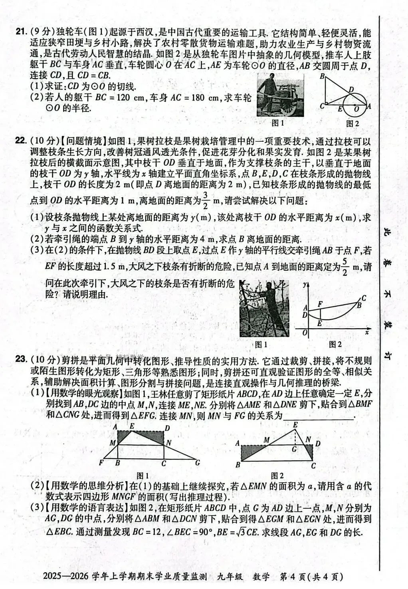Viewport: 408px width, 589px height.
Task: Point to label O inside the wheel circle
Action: point(357,108)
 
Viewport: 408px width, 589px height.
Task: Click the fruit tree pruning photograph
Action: point(263,308)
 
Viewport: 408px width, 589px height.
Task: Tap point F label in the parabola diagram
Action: point(320,303)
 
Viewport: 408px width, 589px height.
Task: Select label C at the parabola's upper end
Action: point(364,298)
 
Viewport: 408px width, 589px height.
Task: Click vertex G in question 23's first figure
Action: point(198,463)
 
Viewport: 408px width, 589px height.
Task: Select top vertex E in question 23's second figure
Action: point(295,425)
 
